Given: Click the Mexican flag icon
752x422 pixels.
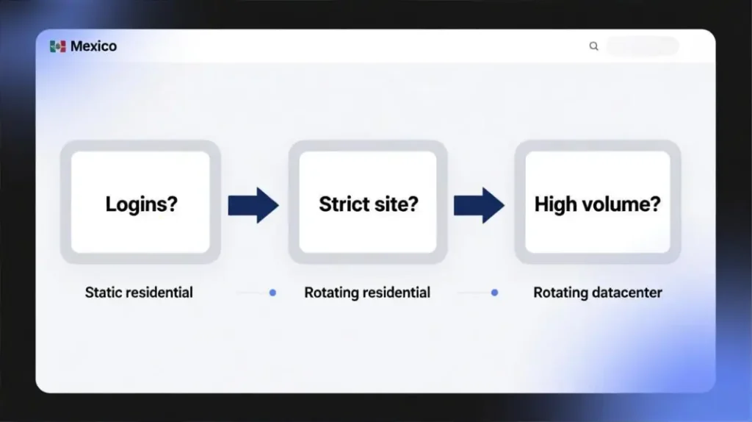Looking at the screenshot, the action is [57, 46].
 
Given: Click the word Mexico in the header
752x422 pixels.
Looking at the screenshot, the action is [93, 46].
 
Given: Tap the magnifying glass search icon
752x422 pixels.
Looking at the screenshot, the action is [593, 46].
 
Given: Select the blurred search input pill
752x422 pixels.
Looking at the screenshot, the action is [643, 46].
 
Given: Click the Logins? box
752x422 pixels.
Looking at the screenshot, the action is [140, 202].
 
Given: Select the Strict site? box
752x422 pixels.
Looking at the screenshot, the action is [368, 202].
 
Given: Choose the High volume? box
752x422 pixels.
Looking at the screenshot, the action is [598, 202].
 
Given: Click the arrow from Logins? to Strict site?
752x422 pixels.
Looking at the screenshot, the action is [253, 205].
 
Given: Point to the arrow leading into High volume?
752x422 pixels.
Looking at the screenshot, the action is [479, 205].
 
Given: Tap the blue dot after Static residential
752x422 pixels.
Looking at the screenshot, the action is [272, 293].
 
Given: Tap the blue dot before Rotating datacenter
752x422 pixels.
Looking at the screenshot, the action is [494, 293].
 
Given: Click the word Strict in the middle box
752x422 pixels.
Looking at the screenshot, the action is [345, 204].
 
